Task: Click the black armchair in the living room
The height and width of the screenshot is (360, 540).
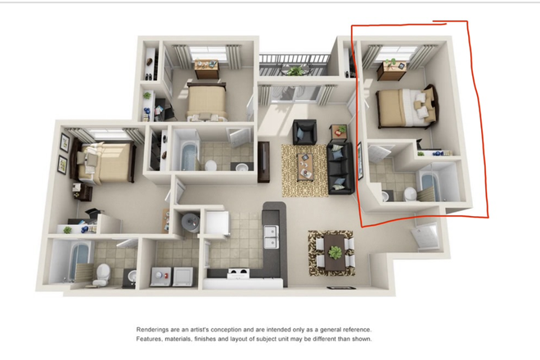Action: pyautogui.click(x=305, y=130)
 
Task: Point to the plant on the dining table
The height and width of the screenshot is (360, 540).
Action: pyautogui.click(x=334, y=251)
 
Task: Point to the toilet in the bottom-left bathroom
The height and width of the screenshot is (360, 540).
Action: pyautogui.click(x=101, y=273)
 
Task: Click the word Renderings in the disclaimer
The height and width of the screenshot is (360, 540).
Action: pyautogui.click(x=155, y=330)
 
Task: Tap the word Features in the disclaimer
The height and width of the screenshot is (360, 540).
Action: pyautogui.click(x=151, y=339)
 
